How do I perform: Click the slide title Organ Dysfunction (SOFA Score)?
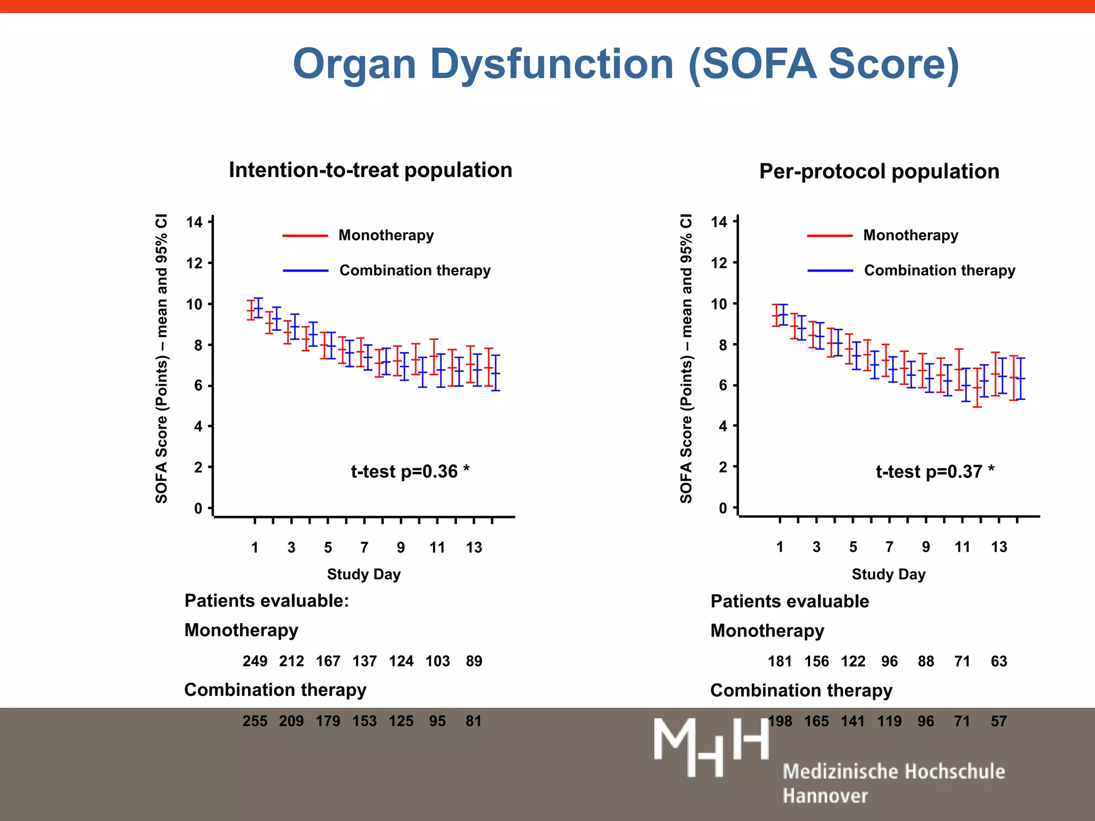tap(626, 64)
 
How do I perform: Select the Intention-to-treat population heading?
tap(371, 170)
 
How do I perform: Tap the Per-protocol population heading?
tap(879, 172)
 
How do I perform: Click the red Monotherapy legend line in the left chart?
tap(305, 236)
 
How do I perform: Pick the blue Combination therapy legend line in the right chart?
tap(830, 271)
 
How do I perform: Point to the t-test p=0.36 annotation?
tap(410, 471)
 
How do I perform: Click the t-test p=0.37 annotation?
tap(935, 471)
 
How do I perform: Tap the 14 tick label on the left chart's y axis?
tap(194, 222)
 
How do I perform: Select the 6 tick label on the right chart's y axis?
tap(722, 385)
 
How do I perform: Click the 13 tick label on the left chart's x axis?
tap(474, 547)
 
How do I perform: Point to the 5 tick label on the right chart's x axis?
tap(853, 547)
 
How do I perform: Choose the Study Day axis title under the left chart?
tap(364, 574)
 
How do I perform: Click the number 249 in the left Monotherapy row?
tap(255, 661)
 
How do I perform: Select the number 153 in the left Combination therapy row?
tap(364, 721)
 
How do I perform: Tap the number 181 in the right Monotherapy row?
tap(780, 661)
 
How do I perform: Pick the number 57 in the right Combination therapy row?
tap(998, 721)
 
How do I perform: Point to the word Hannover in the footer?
tap(825, 796)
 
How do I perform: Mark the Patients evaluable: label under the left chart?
tap(266, 601)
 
